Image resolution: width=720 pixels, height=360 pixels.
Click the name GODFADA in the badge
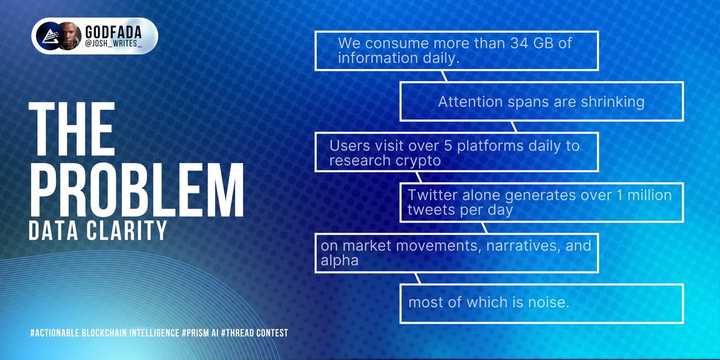coord(113,32)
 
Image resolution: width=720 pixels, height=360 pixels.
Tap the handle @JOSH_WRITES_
coord(113,44)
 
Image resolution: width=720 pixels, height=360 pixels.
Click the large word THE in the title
coord(71,129)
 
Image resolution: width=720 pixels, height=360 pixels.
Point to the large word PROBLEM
coord(137,190)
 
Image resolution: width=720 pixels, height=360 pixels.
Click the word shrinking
coord(613,102)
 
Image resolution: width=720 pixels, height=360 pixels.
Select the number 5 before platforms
coord(448,146)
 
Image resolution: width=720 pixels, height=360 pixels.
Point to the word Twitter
coord(433,195)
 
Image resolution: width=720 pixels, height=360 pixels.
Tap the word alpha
coord(340,261)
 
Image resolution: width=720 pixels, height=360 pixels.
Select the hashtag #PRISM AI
coord(200,332)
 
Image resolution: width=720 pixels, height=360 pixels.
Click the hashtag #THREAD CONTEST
coord(254,332)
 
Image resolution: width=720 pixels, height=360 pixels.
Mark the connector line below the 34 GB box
coord(444,76)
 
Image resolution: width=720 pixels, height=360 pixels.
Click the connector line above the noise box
coord(418,278)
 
